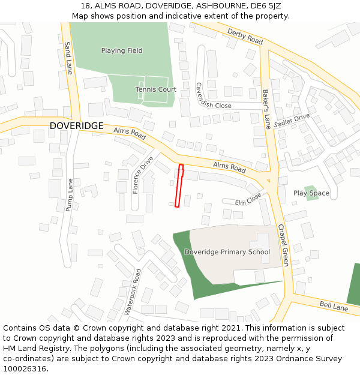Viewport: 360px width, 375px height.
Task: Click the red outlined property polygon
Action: tap(179, 186)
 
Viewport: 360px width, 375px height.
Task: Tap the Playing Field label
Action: tap(122, 50)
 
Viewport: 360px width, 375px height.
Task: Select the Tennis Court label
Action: tap(156, 89)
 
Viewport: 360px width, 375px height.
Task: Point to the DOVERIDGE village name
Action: tap(76, 126)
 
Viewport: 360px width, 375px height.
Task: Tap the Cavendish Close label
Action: tap(213, 97)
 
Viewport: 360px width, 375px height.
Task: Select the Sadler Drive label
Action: tap(292, 120)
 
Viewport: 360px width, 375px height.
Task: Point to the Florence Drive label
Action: tap(143, 175)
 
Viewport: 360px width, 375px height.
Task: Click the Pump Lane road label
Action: tap(70, 194)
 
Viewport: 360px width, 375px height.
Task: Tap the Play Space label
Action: tap(311, 193)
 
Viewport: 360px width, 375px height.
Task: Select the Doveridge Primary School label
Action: tap(227, 252)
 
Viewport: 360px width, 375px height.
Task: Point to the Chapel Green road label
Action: tap(283, 245)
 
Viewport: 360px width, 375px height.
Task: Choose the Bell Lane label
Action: tap(333, 307)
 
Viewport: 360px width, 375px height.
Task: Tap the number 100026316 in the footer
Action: tap(25, 369)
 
